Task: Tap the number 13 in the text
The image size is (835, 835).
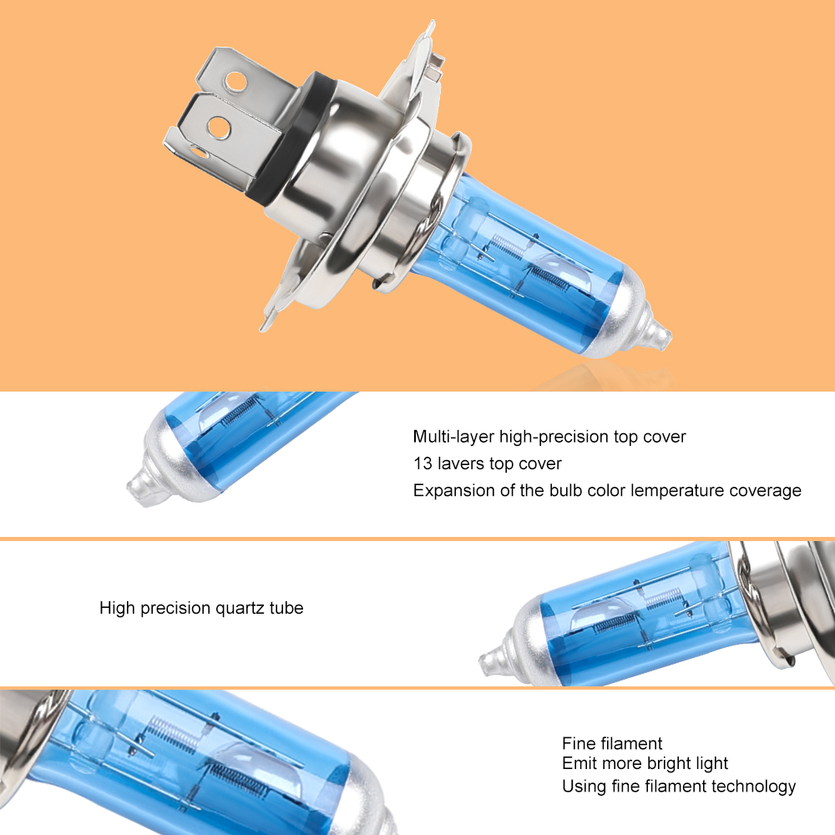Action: click(423, 463)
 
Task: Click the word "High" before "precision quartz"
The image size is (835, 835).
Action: click(117, 608)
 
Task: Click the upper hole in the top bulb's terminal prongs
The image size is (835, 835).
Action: click(235, 82)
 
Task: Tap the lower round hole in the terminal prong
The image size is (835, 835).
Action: click(218, 128)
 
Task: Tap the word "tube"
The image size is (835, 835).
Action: click(286, 608)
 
